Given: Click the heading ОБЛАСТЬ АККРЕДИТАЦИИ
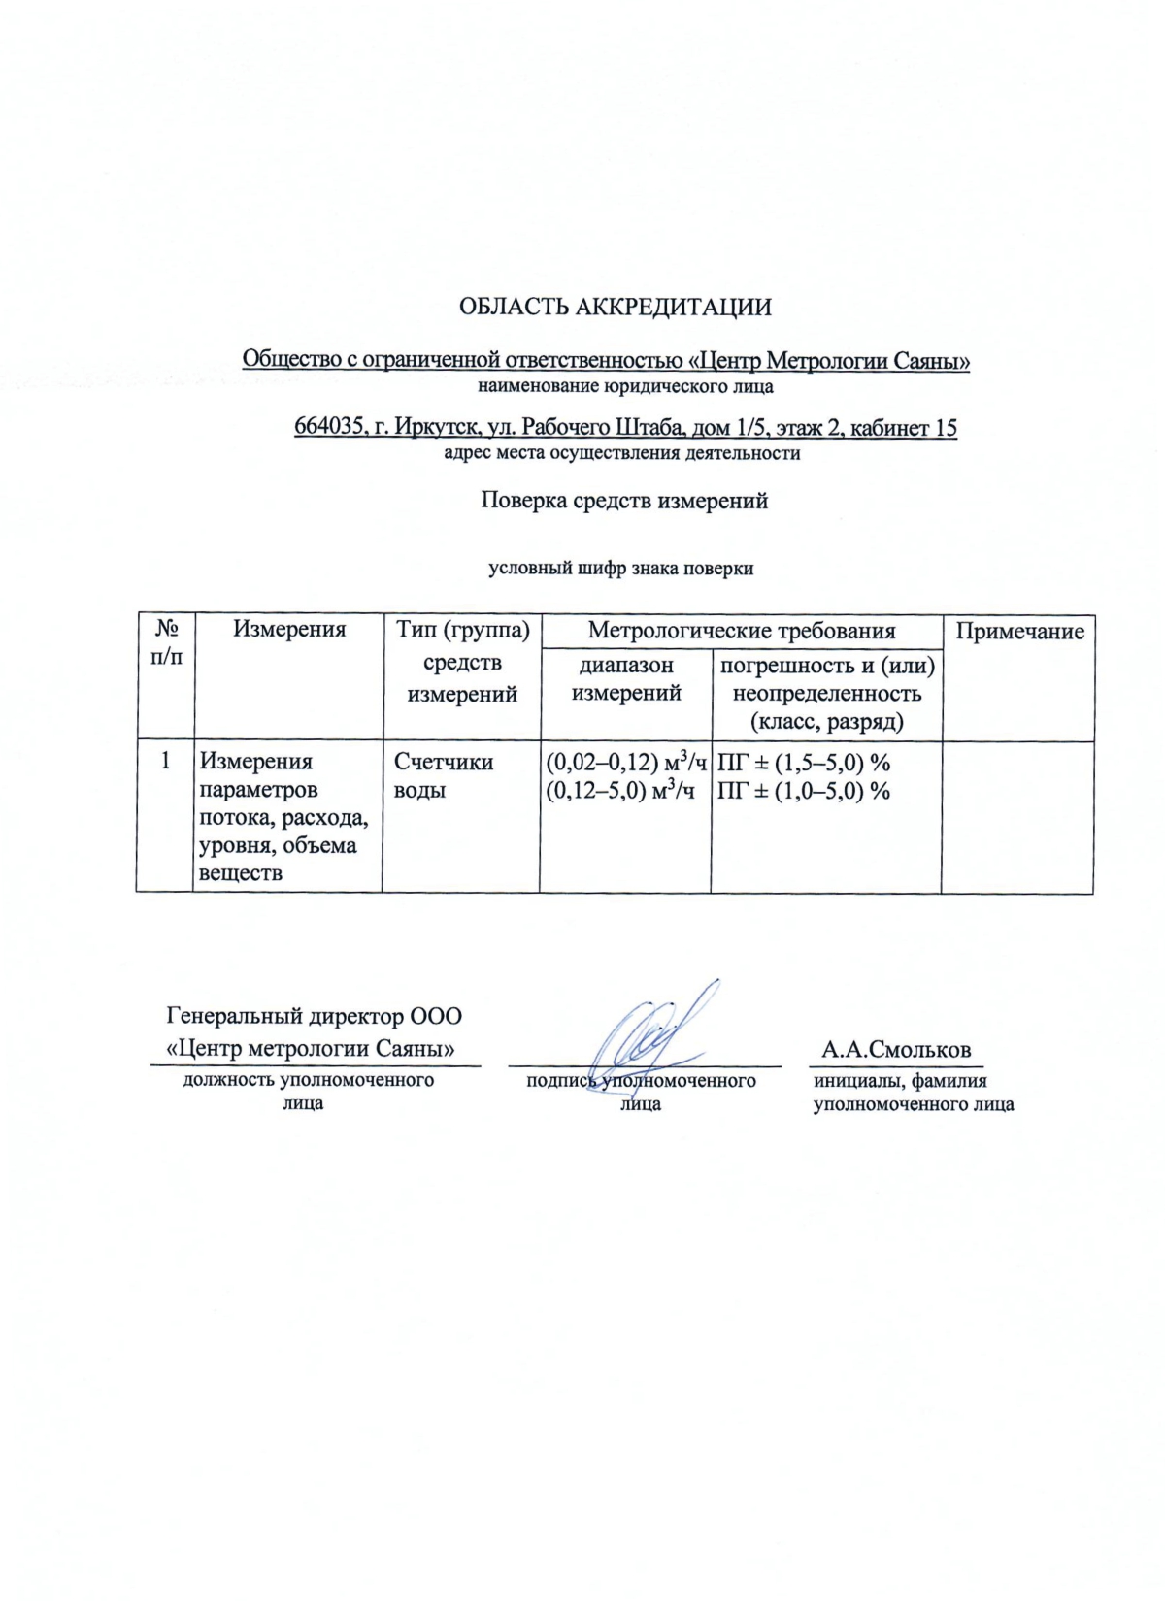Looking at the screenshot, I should tap(615, 308).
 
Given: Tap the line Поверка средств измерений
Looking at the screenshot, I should tap(624, 501).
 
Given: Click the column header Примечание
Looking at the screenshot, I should tap(1019, 632).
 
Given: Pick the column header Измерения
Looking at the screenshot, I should tap(289, 629).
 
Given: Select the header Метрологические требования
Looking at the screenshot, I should tap(742, 631).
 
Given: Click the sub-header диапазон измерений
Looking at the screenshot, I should tap(626, 678).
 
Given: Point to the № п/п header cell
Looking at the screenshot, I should tap(166, 642).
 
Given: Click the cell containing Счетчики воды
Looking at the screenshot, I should tap(443, 775).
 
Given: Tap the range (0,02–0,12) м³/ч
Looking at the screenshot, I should tap(626, 762).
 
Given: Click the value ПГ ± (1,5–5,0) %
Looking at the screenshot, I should tap(803, 762).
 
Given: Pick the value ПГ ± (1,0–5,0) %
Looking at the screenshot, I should tap(803, 791).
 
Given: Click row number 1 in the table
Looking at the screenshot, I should tap(166, 761).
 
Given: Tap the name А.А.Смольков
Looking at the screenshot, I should tap(895, 1050).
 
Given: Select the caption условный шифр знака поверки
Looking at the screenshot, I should tap(620, 569).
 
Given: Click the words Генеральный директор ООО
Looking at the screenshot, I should tap(315, 1016).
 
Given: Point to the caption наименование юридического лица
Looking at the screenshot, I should tap(625, 387).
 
